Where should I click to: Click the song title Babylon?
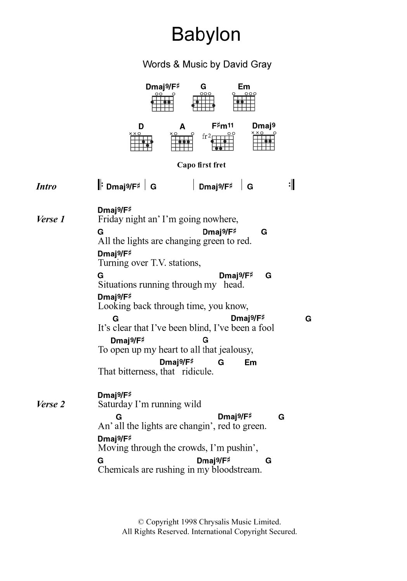(x=206, y=35)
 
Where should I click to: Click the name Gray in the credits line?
(x=261, y=64)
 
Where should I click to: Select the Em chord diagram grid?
(x=244, y=103)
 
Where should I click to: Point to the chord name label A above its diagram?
(x=182, y=127)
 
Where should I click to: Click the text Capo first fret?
(x=201, y=165)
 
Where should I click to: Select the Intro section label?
(x=46, y=187)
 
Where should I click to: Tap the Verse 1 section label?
(x=50, y=220)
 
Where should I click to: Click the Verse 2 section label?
(x=50, y=405)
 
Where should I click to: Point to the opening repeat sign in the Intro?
(x=100, y=185)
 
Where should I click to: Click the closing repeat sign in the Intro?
(x=292, y=185)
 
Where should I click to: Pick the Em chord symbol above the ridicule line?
(x=250, y=363)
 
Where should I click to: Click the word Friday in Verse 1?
(x=110, y=220)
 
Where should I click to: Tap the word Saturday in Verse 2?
(x=115, y=405)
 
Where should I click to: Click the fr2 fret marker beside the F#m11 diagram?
(x=206, y=136)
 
